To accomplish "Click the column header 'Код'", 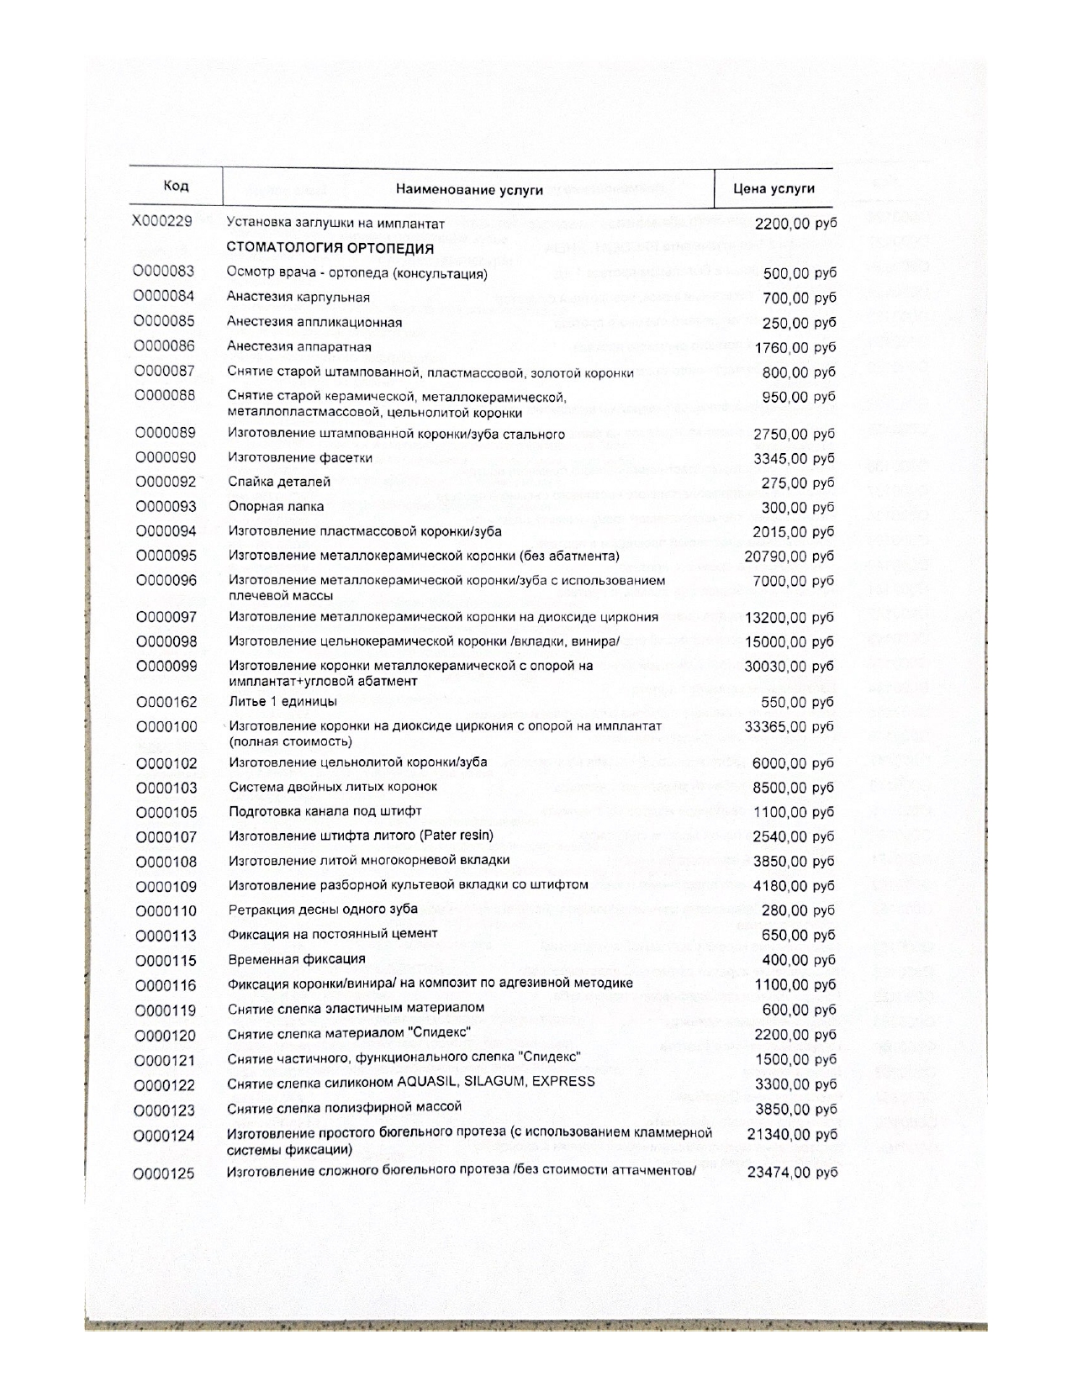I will [176, 186].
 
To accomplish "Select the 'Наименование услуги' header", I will [469, 189].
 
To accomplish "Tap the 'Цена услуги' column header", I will [774, 188].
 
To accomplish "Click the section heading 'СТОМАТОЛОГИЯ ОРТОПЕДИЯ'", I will [330, 248].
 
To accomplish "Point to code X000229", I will [162, 222].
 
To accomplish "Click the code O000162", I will [166, 702].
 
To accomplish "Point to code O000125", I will [166, 1173].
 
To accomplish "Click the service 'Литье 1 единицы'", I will [283, 701].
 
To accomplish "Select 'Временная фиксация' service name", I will [297, 959].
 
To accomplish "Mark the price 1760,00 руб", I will [795, 348].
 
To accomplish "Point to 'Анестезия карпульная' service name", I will [298, 297].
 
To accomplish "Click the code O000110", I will [166, 911].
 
